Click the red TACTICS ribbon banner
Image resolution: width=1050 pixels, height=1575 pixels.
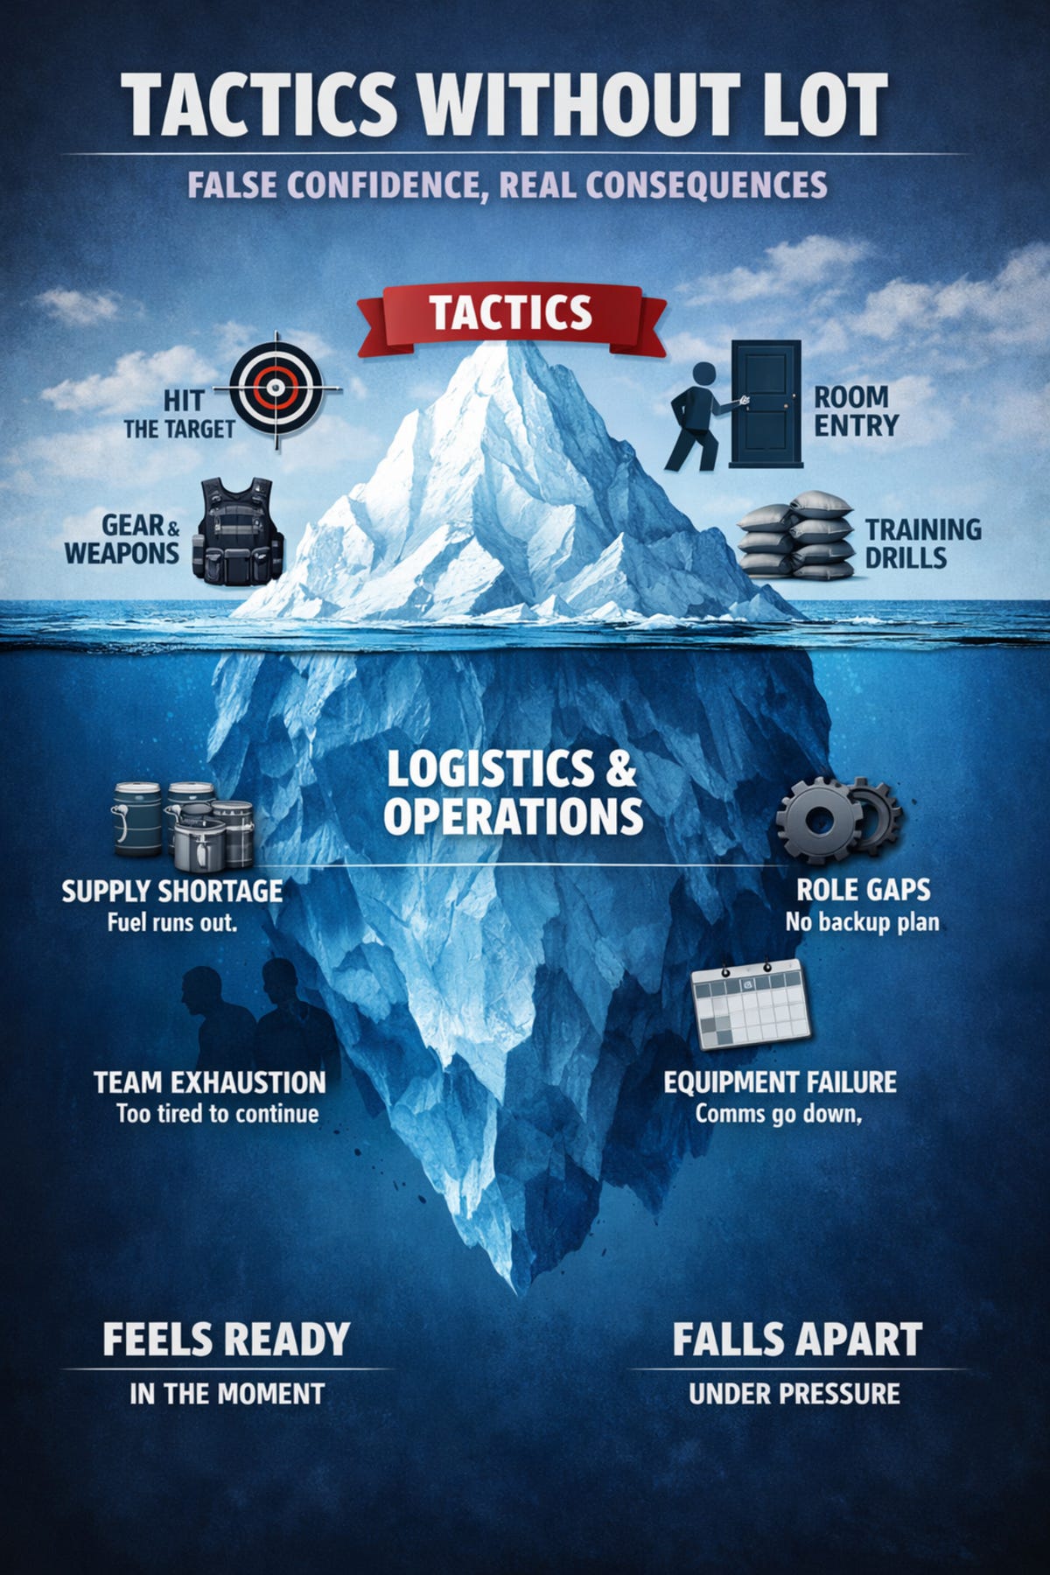click(x=511, y=315)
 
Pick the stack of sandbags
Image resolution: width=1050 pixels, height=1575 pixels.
click(x=796, y=535)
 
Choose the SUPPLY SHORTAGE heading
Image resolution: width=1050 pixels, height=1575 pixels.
click(x=172, y=891)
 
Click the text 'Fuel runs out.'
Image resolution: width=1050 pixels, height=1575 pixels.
click(x=172, y=922)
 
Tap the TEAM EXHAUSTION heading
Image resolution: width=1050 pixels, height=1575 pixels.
click(x=210, y=1082)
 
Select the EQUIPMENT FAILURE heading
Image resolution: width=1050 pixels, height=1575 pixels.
click(x=780, y=1082)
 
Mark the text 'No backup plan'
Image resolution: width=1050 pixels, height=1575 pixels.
click(x=862, y=922)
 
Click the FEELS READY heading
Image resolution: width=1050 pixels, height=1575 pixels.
click(x=226, y=1340)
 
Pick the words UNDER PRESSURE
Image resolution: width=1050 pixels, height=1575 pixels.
click(x=794, y=1394)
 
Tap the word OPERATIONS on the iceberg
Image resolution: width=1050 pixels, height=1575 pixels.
click(x=513, y=815)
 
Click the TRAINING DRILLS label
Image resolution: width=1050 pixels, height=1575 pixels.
click(x=923, y=543)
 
